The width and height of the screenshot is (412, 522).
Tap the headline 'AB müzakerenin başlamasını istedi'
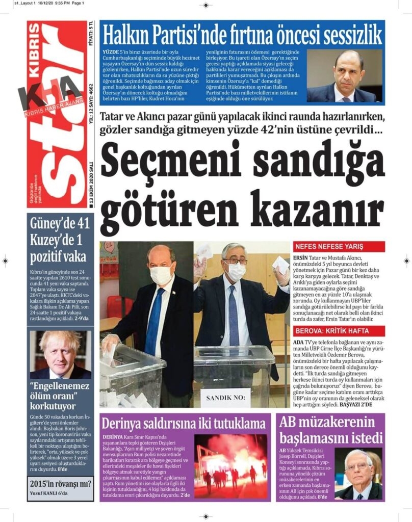tap(330, 429)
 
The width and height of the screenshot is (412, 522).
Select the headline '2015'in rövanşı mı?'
tap(60, 483)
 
